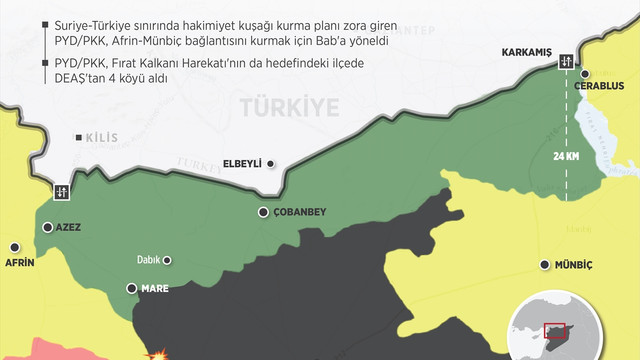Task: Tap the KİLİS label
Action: coord(99,141)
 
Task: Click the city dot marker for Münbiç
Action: coord(545,265)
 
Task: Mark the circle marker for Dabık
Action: coord(167,260)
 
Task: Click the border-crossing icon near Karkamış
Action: coord(567,62)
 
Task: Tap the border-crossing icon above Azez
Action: coord(61,190)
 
